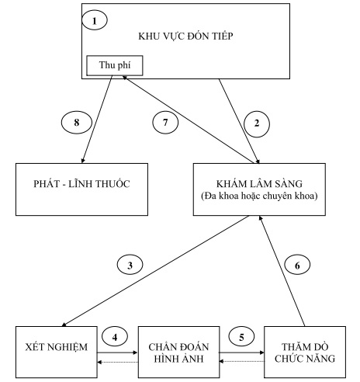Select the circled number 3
pyautogui.click(x=132, y=265)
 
